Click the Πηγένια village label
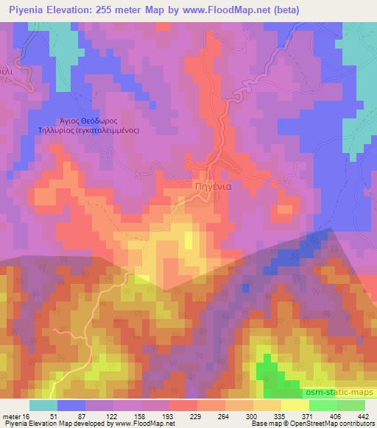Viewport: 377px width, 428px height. tap(215, 187)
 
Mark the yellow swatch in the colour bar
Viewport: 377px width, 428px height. tap(295, 405)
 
